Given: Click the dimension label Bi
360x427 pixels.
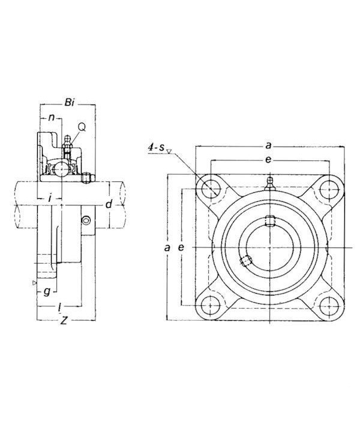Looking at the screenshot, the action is [70, 103].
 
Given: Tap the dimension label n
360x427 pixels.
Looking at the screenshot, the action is [51, 117].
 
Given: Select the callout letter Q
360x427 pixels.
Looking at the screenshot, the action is [82, 127].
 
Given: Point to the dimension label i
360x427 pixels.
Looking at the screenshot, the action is [50, 198].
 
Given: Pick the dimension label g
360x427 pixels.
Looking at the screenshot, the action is [47, 292].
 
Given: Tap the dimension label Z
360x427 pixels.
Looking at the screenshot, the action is [64, 321].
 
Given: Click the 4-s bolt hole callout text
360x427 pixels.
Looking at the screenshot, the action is [156, 148].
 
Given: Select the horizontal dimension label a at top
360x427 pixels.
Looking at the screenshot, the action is [268, 146].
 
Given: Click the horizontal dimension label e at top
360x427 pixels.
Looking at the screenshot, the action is [268, 160].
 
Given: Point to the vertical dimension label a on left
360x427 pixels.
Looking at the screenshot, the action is [167, 247].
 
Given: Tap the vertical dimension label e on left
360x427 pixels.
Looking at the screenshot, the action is [181, 247].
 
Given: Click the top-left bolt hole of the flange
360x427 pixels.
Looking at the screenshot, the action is [211, 189].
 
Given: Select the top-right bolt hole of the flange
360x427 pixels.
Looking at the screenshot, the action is [329, 189].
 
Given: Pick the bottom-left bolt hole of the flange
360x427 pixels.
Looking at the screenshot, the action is [211, 306].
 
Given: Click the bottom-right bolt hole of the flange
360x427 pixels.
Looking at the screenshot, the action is [329, 306].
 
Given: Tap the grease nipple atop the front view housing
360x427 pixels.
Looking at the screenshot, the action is [269, 183].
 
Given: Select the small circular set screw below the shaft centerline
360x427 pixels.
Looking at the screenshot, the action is [86, 220].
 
